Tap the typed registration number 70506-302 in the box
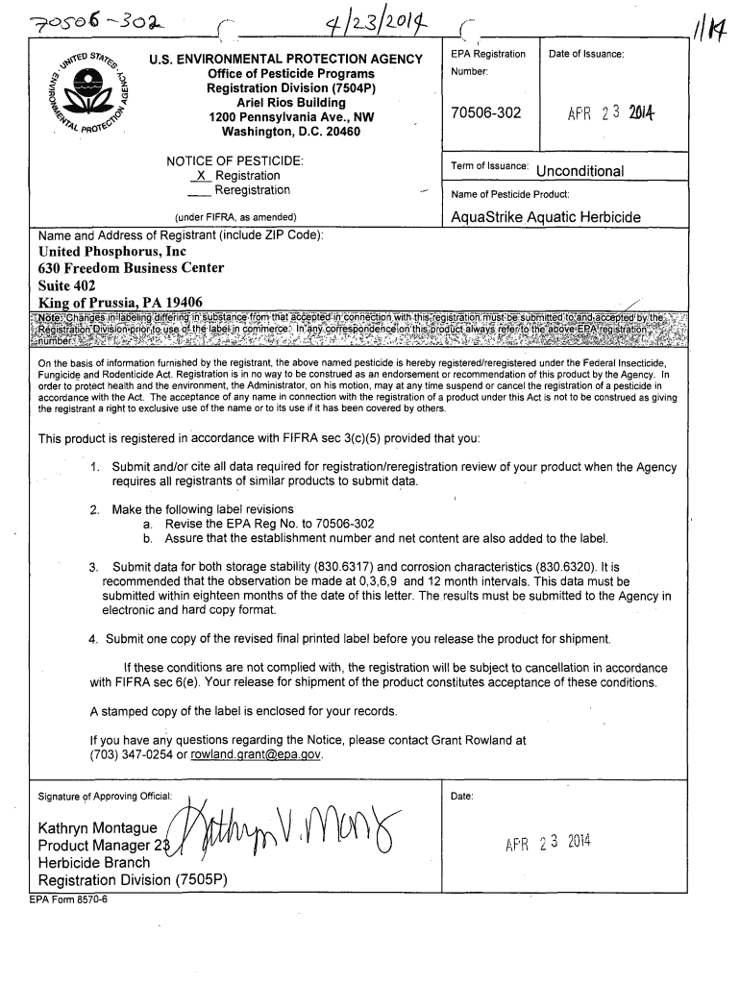(485, 113)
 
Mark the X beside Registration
(200, 176)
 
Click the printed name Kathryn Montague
(97, 828)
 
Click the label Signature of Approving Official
(105, 797)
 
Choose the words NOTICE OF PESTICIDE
(235, 160)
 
